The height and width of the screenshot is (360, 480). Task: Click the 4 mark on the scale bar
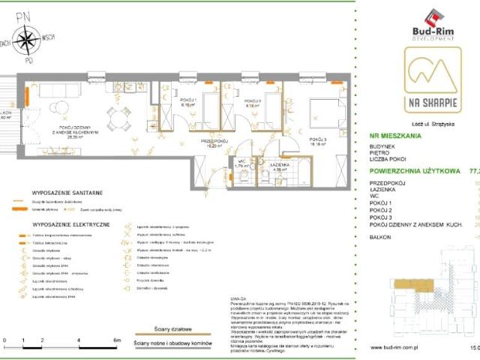click(x=79, y=340)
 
